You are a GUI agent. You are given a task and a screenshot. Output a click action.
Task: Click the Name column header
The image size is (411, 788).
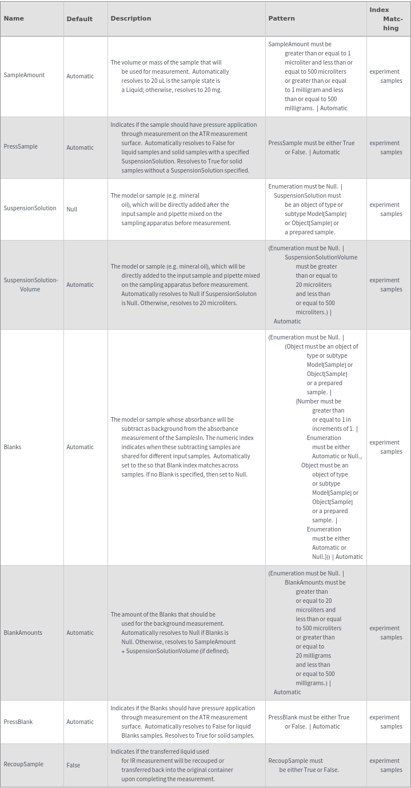pyautogui.click(x=14, y=18)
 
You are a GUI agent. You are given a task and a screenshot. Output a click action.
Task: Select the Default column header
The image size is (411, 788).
pyautogui.click(x=79, y=19)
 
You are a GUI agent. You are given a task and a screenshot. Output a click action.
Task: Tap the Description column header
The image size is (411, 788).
pyautogui.click(x=131, y=18)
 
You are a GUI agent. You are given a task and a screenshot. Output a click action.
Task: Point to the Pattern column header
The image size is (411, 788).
pyautogui.click(x=282, y=18)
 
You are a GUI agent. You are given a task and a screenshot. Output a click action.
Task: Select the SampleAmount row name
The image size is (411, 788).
pyautogui.click(x=24, y=75)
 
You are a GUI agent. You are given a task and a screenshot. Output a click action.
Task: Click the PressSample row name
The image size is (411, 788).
pyautogui.click(x=21, y=147)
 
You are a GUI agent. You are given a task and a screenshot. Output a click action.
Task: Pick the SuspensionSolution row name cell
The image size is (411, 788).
pyautogui.click(x=30, y=209)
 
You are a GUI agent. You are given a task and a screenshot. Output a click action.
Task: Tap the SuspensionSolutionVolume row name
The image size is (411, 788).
pyautogui.click(x=31, y=285)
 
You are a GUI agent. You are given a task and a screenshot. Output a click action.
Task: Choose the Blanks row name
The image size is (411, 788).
pyautogui.click(x=13, y=447)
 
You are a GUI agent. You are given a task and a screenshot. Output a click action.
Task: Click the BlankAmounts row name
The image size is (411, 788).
pyautogui.click(x=23, y=633)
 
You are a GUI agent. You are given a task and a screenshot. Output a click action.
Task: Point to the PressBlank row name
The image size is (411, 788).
pyautogui.click(x=18, y=722)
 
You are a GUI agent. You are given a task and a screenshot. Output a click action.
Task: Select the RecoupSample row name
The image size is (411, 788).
pyautogui.click(x=23, y=765)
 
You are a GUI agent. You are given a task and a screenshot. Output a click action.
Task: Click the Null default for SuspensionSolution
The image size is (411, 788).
pyautogui.click(x=72, y=209)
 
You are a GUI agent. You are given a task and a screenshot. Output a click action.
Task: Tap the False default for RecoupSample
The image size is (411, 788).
pyautogui.click(x=73, y=765)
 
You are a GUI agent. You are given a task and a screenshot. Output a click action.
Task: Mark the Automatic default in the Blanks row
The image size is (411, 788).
pyautogui.click(x=80, y=447)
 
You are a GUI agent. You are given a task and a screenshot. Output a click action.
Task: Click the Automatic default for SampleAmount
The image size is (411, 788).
pyautogui.click(x=80, y=76)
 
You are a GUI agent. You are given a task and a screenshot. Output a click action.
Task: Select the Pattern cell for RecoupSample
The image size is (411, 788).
pyautogui.click(x=304, y=765)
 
